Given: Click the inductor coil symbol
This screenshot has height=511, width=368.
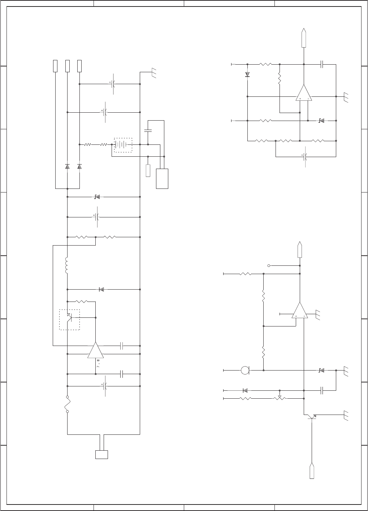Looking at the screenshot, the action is point(66,265).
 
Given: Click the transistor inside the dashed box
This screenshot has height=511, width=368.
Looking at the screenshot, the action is point(69,317).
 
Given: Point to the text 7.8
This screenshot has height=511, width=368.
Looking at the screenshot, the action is point(98,363).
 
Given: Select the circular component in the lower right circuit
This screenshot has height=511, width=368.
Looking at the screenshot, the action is point(245,370).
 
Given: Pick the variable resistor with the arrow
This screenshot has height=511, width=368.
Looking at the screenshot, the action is point(280,398).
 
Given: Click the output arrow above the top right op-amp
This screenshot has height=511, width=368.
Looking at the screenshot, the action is point(304,38).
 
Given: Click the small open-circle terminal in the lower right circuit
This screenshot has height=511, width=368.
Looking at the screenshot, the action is point(269,265).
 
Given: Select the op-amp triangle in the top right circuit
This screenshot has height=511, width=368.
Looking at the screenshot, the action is point(304,92).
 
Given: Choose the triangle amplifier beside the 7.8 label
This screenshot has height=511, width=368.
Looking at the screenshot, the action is point(96,350).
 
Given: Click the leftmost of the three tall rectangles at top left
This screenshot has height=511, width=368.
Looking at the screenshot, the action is point(55,66).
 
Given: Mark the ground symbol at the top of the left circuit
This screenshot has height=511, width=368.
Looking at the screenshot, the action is point(154,73).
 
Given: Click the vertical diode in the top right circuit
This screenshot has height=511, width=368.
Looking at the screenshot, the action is point(247,74).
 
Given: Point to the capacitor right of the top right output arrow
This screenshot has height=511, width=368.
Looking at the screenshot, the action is point(322,64).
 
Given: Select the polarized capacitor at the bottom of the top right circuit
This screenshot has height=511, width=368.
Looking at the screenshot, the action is point(305,157).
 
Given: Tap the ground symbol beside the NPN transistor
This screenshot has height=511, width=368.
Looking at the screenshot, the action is point(346,415).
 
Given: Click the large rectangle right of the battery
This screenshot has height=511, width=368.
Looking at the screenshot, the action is point(162,179).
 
